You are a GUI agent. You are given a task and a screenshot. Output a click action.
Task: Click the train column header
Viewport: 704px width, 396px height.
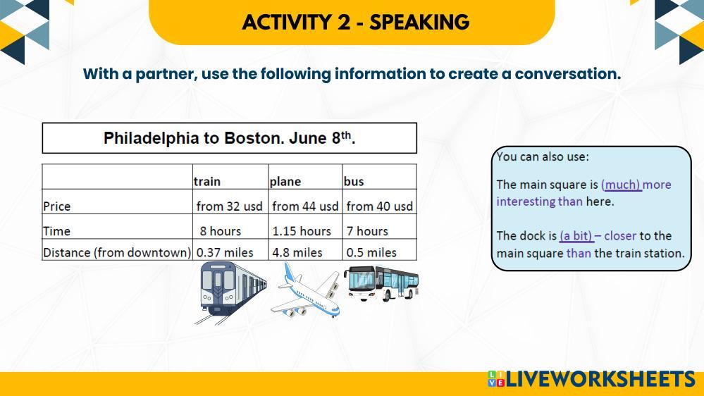tap(207, 181)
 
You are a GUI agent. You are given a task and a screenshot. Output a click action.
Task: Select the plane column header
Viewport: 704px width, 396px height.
tap(285, 181)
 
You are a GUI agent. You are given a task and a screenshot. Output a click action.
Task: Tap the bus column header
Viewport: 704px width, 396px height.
tap(354, 181)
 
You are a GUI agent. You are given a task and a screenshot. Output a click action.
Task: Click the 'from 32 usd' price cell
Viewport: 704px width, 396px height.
tap(230, 206)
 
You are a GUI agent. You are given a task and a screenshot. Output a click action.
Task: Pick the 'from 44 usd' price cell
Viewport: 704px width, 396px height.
tap(305, 206)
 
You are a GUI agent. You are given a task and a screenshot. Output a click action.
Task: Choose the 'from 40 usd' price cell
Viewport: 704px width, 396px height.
tap(379, 206)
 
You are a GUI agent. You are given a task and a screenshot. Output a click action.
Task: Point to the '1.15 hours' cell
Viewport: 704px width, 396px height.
tap(302, 231)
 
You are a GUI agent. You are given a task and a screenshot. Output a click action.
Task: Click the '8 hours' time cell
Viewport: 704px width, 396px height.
tap(221, 231)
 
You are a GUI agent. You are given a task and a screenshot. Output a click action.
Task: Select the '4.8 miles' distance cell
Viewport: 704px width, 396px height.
tap(297, 252)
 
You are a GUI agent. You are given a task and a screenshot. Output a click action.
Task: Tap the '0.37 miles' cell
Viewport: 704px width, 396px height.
tap(225, 252)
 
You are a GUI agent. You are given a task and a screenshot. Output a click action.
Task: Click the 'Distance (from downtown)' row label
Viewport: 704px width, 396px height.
tap(117, 252)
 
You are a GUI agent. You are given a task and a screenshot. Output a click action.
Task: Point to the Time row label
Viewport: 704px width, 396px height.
tap(56, 231)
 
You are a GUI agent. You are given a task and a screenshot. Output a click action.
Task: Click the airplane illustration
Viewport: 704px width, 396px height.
tap(306, 290)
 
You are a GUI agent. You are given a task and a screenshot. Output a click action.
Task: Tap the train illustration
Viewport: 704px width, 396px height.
tap(231, 292)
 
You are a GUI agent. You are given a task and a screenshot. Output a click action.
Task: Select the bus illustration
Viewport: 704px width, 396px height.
tap(381, 283)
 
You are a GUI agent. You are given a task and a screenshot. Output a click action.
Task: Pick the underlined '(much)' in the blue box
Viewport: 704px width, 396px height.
tap(621, 185)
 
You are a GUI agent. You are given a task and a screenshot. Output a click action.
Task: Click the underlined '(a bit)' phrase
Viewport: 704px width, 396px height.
tap(576, 236)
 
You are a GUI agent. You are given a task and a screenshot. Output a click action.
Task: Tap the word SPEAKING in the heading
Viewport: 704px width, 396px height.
tap(419, 22)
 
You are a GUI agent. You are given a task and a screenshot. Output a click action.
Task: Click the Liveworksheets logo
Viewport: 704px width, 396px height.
tap(591, 379)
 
